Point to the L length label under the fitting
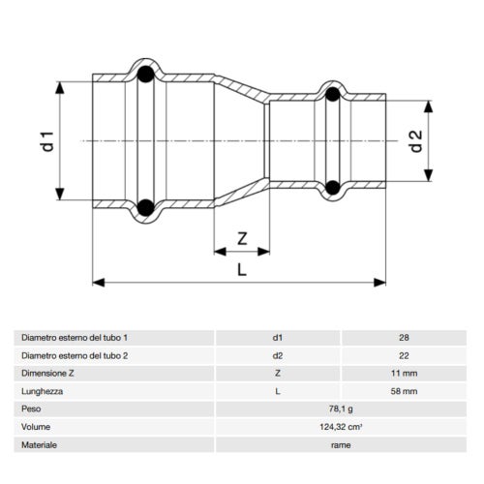(242, 270)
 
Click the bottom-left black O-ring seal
(144, 205)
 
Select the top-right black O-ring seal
(332, 94)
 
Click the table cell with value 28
(404, 338)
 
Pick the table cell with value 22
(404, 355)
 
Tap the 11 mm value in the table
(404, 373)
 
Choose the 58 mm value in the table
(404, 391)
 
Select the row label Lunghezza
(42, 391)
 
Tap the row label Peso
(31, 408)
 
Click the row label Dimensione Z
(49, 373)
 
